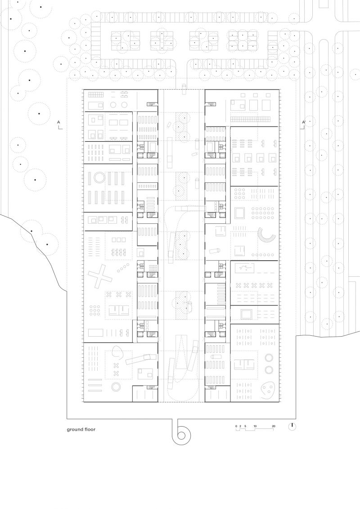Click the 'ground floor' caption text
[81, 429]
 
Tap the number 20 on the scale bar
[273, 426]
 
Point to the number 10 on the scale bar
[255, 426]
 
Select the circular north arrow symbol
[292, 426]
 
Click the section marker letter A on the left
[58, 122]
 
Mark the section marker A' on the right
[304, 122]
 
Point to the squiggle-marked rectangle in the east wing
[244, 269]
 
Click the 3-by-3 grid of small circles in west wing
[94, 311]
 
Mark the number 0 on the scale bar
[236, 426]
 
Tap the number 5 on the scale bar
[245, 426]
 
